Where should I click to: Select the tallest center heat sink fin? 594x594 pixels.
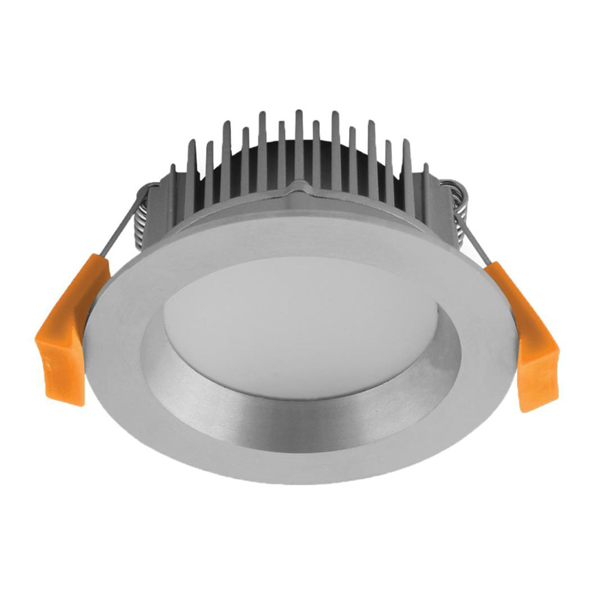tap(298, 144)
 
